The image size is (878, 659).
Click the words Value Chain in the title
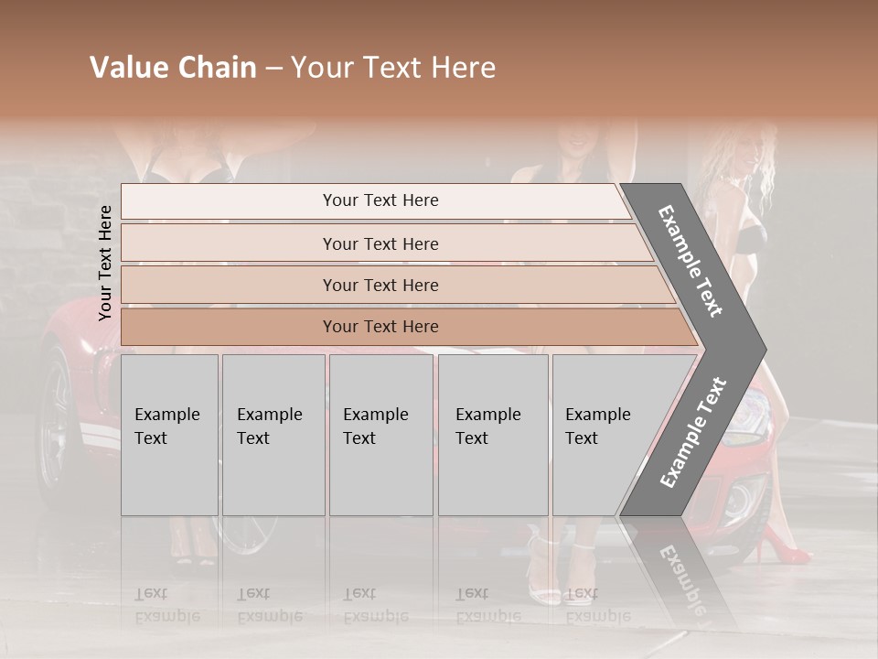(x=173, y=68)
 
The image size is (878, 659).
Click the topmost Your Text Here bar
(x=380, y=200)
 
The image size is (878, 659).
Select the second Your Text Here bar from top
(x=380, y=243)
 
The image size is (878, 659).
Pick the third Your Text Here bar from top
(x=380, y=285)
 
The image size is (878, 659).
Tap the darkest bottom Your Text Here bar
(x=380, y=327)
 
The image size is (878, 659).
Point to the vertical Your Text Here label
(x=105, y=263)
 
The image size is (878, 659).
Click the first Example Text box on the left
(x=169, y=435)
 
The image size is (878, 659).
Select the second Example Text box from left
(x=273, y=435)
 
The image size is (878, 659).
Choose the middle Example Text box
(x=380, y=435)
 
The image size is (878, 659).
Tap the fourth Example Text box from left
(x=493, y=435)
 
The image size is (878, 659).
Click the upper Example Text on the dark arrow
(x=691, y=261)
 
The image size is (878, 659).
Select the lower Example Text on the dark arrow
(x=692, y=433)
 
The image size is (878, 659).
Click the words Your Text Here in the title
(x=393, y=68)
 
